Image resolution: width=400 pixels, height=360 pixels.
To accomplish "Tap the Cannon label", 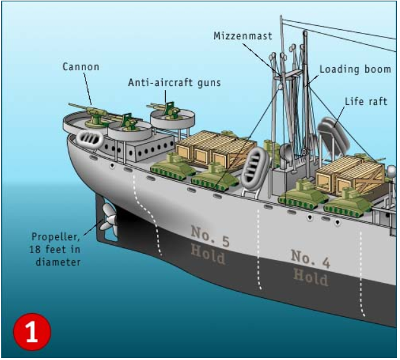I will [80, 66].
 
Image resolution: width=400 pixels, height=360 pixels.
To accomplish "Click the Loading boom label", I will [355, 69].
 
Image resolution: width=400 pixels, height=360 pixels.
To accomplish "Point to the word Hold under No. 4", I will [310, 276].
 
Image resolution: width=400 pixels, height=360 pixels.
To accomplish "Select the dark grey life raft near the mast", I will [330, 132].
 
